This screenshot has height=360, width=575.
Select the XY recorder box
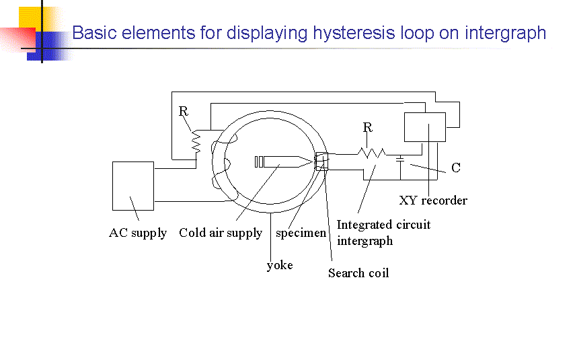coord(424,127)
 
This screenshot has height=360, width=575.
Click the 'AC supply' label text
coord(138,233)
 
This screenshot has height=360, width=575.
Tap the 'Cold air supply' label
coord(221,233)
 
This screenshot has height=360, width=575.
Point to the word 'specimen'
coord(301,233)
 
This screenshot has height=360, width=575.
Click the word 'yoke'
coord(280,265)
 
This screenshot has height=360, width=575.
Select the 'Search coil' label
coord(358,273)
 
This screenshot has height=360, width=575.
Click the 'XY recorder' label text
coord(433,200)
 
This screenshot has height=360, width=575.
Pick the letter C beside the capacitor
coord(456,168)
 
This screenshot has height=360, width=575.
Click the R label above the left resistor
coord(183,112)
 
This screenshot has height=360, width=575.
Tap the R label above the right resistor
coord(368,127)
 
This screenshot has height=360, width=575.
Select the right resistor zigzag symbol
coord(371,153)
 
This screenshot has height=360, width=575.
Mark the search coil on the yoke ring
coord(321,162)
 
